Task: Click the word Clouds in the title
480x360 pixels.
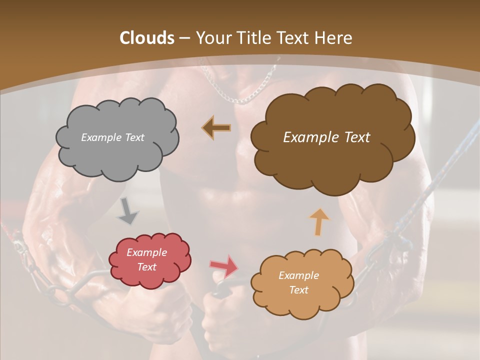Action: tap(147, 38)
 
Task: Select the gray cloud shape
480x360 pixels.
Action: tap(117, 155)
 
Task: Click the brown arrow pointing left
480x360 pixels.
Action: tap(217, 127)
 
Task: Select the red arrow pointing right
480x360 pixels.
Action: tap(224, 266)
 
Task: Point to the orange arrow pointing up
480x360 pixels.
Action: tap(319, 221)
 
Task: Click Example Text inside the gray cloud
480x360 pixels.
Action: tap(112, 137)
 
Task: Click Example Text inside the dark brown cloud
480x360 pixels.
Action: tap(326, 137)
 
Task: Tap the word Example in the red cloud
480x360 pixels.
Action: tap(146, 252)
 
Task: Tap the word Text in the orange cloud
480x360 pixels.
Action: tap(298, 290)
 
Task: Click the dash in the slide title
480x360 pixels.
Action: tap(184, 38)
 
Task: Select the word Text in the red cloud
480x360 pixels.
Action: tap(146, 267)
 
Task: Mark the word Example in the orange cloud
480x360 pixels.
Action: tap(298, 275)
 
